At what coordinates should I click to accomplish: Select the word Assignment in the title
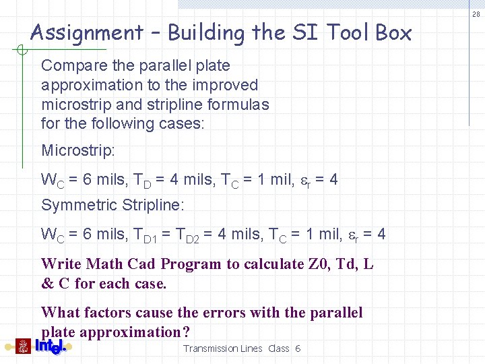point(86,32)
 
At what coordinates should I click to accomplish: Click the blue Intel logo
point(51,346)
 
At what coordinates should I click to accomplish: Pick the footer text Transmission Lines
point(220,348)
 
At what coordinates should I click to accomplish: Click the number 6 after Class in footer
point(298,348)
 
